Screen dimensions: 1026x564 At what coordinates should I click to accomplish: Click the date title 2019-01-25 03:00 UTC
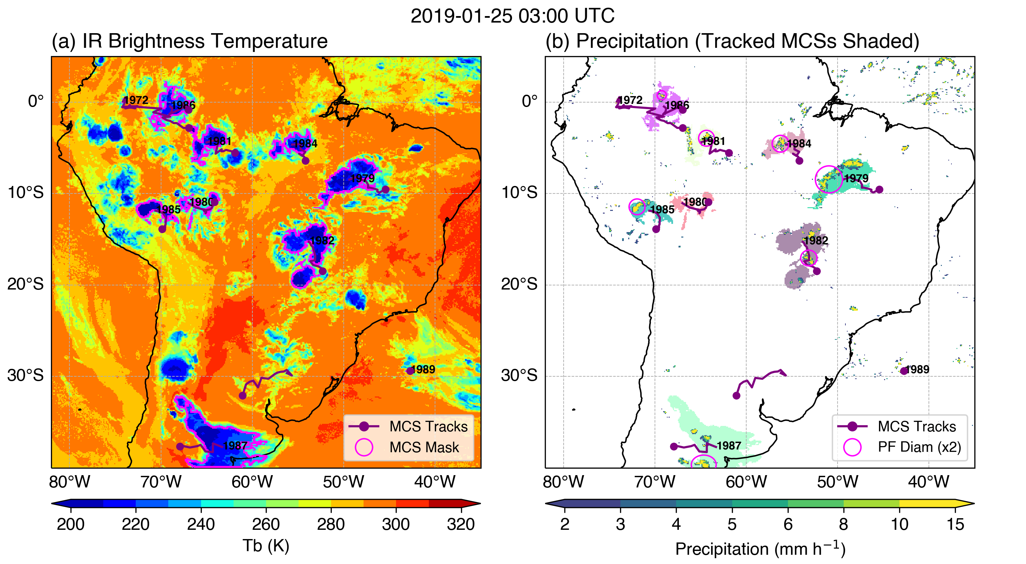512,16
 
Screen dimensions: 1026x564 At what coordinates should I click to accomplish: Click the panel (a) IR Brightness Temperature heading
189,41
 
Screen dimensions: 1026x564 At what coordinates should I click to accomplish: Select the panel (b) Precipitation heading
732,41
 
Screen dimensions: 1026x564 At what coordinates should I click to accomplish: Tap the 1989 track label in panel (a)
423,370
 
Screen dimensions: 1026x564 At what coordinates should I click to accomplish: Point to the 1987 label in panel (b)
729,445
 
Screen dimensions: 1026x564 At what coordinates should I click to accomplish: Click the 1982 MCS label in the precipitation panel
816,240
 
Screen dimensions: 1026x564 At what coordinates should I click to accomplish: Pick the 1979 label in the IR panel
363,178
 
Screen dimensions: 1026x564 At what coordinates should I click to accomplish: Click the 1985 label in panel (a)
169,209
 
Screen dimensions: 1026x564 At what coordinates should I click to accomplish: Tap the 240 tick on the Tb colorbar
201,524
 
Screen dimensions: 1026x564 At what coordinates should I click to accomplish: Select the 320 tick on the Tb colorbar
461,524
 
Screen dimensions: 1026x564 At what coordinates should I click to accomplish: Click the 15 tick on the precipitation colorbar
955,524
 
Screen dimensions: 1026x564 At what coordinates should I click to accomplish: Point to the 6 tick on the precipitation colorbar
788,524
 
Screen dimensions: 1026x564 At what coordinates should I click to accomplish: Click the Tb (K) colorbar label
266,546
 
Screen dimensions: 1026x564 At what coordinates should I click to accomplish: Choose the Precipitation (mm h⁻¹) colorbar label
760,549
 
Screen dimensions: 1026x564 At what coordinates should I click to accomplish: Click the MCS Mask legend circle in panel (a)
364,447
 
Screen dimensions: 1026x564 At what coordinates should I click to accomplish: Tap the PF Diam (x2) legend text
919,447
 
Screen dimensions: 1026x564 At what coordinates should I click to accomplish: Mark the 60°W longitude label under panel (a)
252,482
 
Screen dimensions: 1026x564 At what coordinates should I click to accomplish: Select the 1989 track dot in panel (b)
904,371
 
